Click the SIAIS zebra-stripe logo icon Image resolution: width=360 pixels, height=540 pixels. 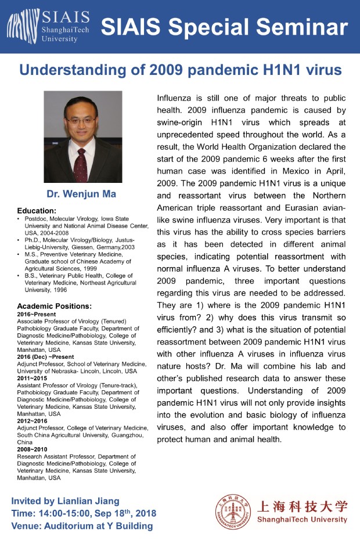tap(23, 26)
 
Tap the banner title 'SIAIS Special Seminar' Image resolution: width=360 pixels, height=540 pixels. tap(224, 27)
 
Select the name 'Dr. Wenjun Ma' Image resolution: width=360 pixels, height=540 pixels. tap(83, 193)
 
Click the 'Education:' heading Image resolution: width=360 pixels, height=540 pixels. tap(37, 210)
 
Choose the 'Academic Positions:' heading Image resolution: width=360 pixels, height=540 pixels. tap(55, 306)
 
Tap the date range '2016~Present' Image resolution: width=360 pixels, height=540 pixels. tap(37, 314)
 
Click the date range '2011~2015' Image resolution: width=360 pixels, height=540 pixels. tap(33, 377)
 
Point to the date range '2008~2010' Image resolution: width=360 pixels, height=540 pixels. tap(33, 449)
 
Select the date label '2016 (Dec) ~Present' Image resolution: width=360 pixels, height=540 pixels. tap(45, 357)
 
